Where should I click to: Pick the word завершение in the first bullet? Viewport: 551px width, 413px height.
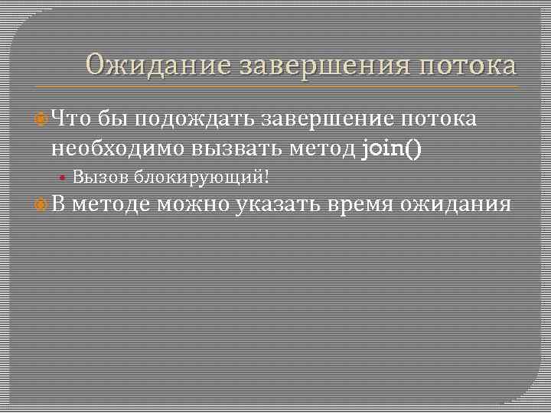pos(329,119)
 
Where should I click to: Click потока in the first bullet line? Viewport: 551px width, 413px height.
pos(441,119)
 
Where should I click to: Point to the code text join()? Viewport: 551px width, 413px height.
pos(391,147)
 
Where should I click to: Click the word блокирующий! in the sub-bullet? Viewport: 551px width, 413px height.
pos(202,177)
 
